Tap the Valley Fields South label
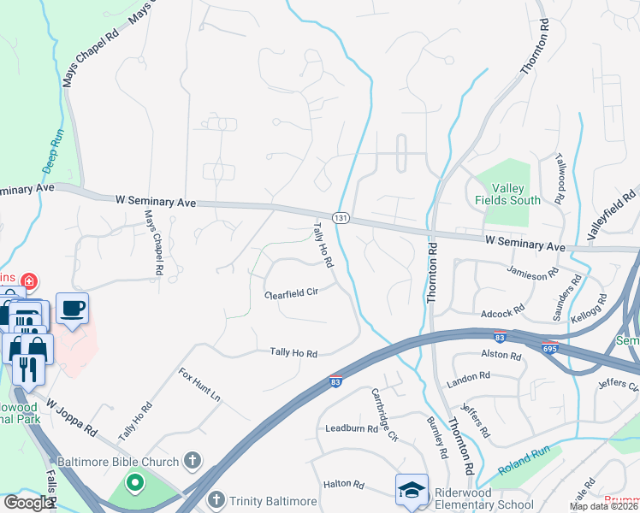[507, 193]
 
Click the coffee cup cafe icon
[72, 308]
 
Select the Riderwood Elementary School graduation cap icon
[411, 490]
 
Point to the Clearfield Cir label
[292, 293]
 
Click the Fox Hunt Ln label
[199, 386]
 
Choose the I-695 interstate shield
[549, 349]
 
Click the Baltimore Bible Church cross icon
[193, 461]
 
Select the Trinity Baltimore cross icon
[216, 500]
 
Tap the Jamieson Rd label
[533, 273]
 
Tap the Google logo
[28, 503]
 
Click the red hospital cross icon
[29, 280]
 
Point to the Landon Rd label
[467, 375]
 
